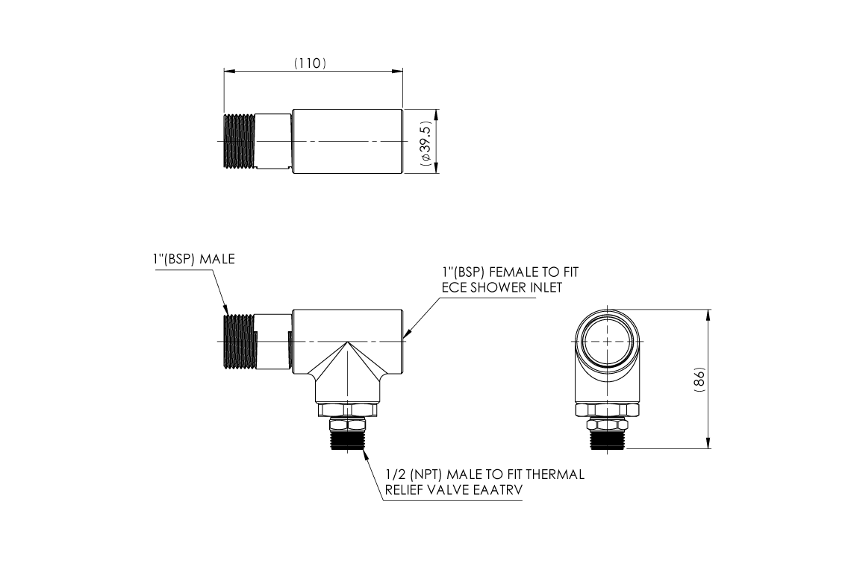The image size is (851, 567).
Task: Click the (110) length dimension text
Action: (309, 63)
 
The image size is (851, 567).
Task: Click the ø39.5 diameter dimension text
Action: (425, 142)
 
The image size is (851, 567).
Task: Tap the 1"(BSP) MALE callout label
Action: (190, 260)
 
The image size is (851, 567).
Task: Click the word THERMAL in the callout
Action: (555, 474)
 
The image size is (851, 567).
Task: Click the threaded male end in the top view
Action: (240, 142)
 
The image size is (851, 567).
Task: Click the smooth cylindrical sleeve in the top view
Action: (347, 142)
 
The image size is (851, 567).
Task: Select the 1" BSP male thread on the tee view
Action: (240, 341)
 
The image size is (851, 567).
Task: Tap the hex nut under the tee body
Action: (347, 410)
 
